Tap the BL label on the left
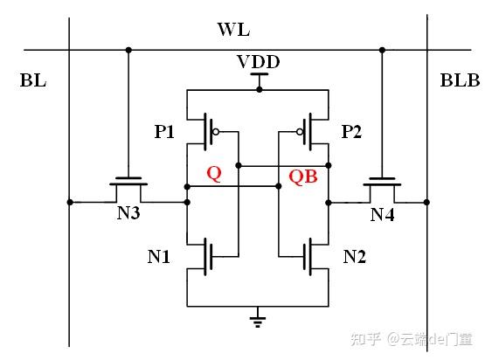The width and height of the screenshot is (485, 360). (32, 82)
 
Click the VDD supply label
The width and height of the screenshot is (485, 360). (257, 64)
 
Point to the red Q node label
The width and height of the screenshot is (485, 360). (213, 173)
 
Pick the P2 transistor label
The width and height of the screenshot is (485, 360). (351, 132)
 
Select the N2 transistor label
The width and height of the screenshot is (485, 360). (355, 258)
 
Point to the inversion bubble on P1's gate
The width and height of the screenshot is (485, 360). (217, 134)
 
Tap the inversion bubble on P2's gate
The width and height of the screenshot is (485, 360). (299, 134)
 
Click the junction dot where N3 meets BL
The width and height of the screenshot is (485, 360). (70, 202)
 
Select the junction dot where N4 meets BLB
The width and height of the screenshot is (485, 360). (426, 202)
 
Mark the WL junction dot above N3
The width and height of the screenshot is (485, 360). (128, 49)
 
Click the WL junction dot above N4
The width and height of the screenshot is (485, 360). (381, 49)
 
